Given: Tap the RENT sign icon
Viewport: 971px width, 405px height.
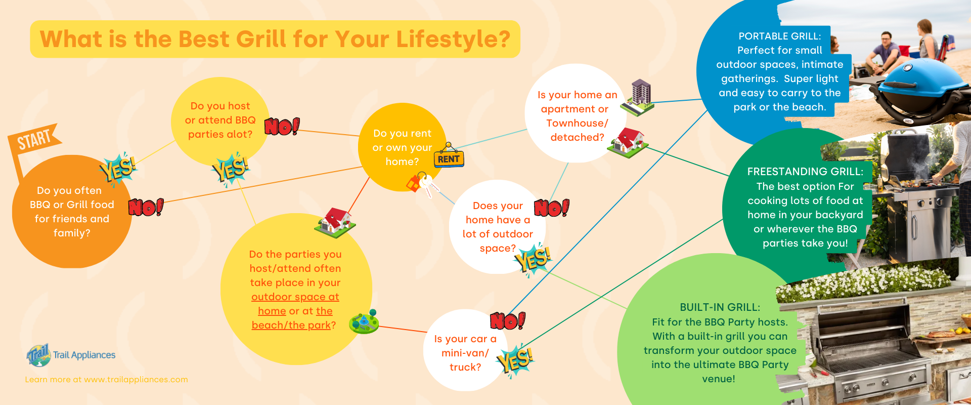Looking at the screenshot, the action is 449,155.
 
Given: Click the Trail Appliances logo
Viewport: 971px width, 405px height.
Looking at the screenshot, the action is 71,355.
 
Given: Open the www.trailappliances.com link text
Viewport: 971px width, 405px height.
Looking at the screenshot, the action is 136,380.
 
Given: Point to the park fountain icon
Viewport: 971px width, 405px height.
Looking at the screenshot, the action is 364,321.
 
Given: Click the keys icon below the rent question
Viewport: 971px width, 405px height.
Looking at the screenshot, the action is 422,184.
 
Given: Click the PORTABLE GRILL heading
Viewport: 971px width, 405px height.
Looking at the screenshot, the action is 779,36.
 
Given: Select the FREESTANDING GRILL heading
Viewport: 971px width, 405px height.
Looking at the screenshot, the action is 805,172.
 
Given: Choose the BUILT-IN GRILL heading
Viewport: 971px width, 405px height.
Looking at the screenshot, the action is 720,307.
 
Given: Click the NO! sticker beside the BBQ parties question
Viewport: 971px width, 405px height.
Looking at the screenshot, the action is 282,126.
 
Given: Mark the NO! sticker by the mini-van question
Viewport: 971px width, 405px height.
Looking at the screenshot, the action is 508,320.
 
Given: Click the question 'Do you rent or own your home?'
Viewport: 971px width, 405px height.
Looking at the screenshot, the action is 403,147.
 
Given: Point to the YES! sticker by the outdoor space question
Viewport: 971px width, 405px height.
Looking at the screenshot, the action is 533,259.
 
